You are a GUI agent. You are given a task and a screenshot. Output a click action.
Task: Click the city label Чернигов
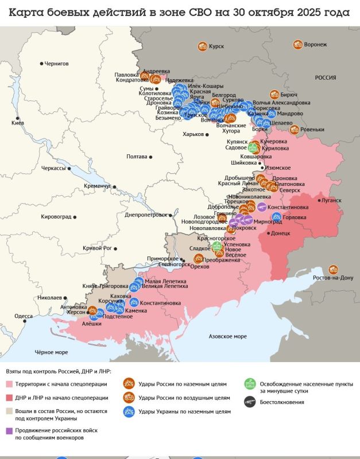(x=57, y=63)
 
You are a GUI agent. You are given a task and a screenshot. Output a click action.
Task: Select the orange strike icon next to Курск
(x=202, y=46)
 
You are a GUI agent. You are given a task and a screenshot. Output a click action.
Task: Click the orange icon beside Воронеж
(x=297, y=44)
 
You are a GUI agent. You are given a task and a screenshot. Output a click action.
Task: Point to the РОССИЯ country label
(x=325, y=77)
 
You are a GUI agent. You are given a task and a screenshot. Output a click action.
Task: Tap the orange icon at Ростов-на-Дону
(x=333, y=270)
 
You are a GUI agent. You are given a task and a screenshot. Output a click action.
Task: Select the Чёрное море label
(x=51, y=352)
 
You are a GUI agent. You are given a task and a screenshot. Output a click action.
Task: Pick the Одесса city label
(x=24, y=316)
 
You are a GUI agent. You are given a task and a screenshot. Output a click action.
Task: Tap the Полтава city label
(x=137, y=156)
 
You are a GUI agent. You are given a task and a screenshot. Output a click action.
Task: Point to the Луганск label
(x=331, y=200)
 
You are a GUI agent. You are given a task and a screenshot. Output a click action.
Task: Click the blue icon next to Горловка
(x=277, y=217)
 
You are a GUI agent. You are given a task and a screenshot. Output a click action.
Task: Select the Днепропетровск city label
(x=145, y=215)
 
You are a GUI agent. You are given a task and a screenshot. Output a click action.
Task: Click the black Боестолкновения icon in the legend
(x=250, y=402)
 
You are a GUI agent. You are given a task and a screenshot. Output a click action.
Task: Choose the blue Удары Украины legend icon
(x=129, y=411)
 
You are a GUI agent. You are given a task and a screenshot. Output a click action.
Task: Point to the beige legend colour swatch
(x=10, y=411)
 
